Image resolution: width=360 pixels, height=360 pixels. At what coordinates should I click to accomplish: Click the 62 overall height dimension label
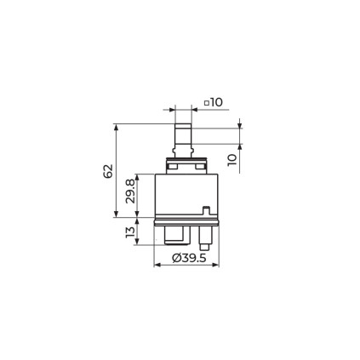(108, 171)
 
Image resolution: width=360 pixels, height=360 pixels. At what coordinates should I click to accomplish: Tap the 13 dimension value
(130, 231)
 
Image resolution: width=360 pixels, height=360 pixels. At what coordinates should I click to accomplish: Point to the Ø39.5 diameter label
(189, 258)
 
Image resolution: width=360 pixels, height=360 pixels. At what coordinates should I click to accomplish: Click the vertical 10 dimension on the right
(232, 160)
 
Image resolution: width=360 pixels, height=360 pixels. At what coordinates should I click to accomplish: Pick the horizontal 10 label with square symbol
(214, 102)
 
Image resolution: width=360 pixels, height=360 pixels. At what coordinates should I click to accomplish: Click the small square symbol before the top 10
(207, 103)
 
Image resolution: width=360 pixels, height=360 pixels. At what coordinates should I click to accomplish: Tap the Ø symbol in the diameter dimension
(176, 258)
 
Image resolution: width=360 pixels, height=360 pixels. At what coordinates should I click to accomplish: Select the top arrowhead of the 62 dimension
(116, 127)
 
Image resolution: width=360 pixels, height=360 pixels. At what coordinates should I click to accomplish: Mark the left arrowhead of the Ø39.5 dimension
(157, 265)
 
